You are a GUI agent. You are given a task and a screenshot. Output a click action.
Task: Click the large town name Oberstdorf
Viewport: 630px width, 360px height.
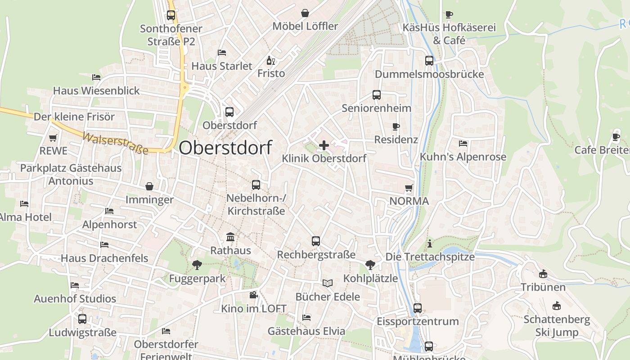tap(225, 148)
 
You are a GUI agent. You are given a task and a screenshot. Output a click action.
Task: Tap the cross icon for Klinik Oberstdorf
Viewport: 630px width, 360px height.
tap(324, 145)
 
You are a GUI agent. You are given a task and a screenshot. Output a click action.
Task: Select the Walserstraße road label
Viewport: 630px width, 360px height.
tap(115, 143)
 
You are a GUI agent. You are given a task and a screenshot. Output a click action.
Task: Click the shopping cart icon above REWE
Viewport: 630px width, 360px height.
tap(53, 138)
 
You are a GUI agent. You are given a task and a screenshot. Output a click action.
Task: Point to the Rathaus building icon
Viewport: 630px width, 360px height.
tap(230, 237)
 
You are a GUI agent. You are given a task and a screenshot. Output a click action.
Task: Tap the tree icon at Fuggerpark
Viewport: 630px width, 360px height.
tap(197, 265)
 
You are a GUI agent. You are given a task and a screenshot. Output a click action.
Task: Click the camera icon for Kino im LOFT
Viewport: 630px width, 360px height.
tap(253, 295)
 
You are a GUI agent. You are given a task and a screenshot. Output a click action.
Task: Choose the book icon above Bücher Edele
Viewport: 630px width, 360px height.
tap(328, 283)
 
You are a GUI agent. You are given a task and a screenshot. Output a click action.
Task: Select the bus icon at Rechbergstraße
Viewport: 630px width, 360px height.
tap(316, 241)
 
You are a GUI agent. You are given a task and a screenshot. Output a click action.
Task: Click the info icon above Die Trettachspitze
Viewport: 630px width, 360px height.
tap(430, 243)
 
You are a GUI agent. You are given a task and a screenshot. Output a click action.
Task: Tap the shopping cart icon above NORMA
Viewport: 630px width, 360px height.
tap(409, 188)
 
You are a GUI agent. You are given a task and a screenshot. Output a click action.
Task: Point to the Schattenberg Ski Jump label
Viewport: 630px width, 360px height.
tap(557, 326)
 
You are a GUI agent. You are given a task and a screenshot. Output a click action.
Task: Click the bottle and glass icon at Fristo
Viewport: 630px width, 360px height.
tap(270, 60)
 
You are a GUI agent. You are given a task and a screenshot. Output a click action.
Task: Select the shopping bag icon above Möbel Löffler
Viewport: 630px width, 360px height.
tap(305, 13)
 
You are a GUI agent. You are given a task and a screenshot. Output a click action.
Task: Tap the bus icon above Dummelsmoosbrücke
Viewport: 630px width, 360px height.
tap(429, 61)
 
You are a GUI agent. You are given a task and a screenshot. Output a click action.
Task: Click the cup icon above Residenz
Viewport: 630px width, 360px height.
tap(396, 126)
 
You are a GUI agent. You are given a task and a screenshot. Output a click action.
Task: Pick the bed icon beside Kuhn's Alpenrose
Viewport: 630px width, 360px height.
tap(463, 144)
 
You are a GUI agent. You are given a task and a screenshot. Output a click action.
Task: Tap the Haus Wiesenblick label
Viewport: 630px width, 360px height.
tap(97, 90)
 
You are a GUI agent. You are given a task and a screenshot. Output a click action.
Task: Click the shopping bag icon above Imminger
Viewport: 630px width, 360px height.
tap(149, 186)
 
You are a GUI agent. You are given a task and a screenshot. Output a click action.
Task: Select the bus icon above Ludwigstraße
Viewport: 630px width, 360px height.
tap(82, 319)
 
